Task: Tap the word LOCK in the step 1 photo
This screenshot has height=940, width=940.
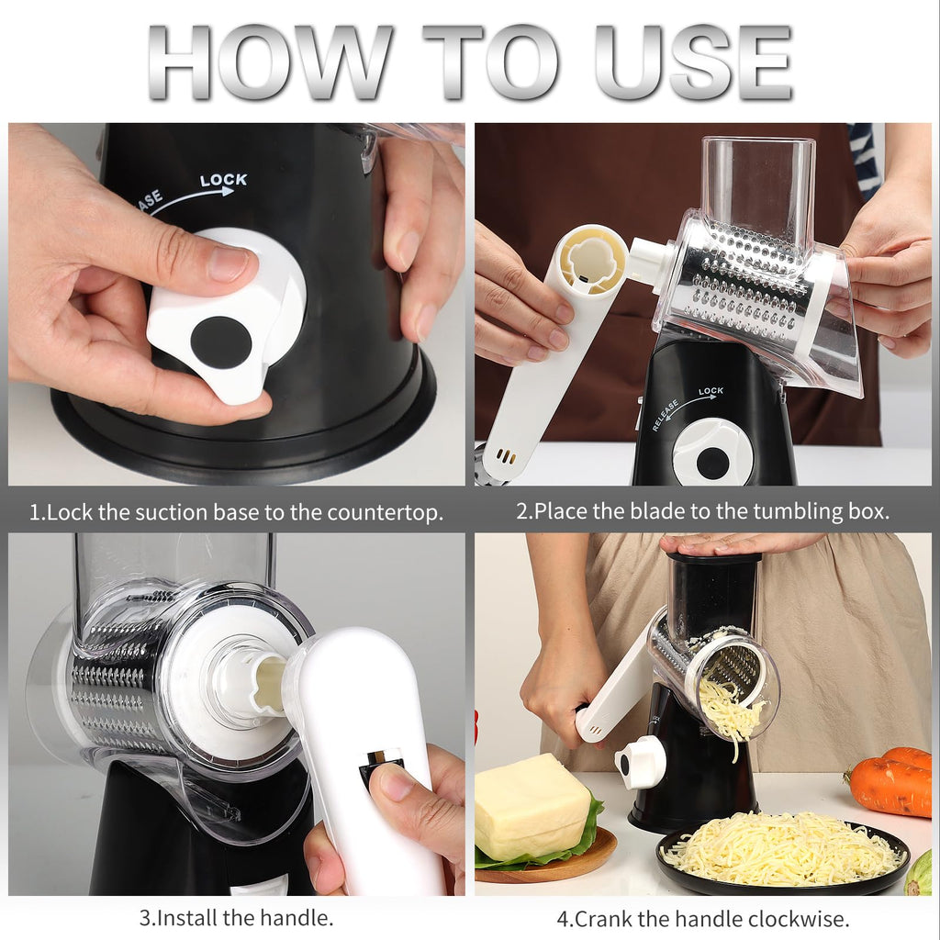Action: tap(223, 180)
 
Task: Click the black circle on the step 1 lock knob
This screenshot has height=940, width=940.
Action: tap(220, 342)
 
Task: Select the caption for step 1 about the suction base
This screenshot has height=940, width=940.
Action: tap(236, 511)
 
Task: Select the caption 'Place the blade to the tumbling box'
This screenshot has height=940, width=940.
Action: tap(702, 511)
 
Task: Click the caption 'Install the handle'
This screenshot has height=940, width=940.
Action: tap(236, 916)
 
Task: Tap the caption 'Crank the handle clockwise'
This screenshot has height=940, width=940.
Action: tap(702, 916)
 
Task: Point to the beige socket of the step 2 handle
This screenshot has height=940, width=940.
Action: tap(591, 260)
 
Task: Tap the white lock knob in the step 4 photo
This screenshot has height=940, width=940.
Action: tap(641, 762)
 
